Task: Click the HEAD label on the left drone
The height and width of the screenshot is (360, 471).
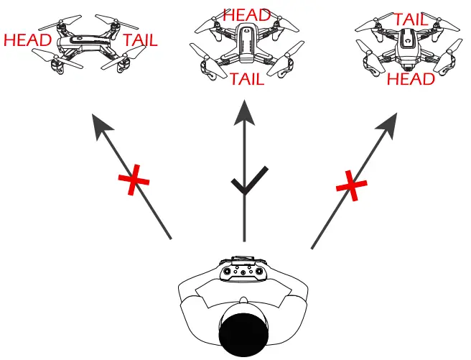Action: [27, 40]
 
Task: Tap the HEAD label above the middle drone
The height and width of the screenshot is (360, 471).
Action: [247, 15]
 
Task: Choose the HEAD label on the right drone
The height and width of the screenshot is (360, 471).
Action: [411, 78]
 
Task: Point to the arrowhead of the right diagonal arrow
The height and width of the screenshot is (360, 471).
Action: [391, 121]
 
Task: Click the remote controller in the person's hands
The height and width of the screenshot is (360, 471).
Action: [245, 272]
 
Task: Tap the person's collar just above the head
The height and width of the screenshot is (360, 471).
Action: [244, 300]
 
